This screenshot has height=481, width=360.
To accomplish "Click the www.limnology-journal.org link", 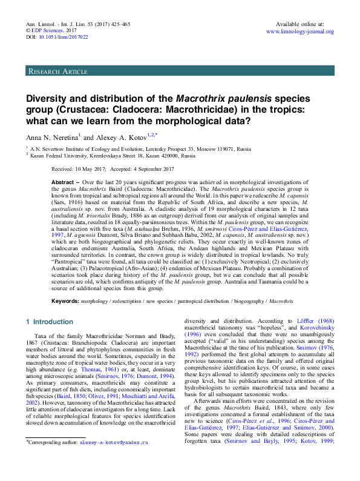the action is (x=300, y=31).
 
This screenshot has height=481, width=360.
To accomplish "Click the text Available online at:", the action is (x=299, y=23).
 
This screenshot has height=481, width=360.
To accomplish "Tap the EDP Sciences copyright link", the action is (x=50, y=30).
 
